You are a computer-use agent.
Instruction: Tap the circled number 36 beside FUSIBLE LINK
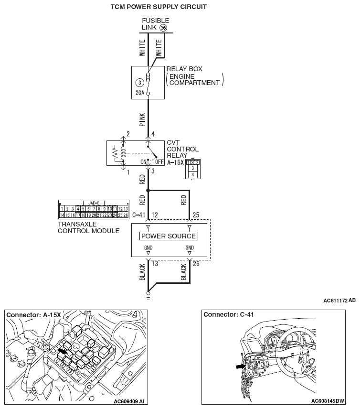[x=163, y=28]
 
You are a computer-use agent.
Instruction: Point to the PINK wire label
[x=142, y=118]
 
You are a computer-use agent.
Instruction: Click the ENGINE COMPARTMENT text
[x=195, y=79]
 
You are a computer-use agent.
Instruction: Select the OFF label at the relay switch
[x=159, y=161]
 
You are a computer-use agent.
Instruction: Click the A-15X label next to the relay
[x=175, y=162]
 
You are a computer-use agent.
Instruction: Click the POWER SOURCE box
[x=169, y=236]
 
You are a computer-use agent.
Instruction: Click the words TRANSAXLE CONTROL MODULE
[x=89, y=227]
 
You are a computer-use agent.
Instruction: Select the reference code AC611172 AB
[x=339, y=301]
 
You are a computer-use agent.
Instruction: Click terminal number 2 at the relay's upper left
[x=128, y=134]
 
